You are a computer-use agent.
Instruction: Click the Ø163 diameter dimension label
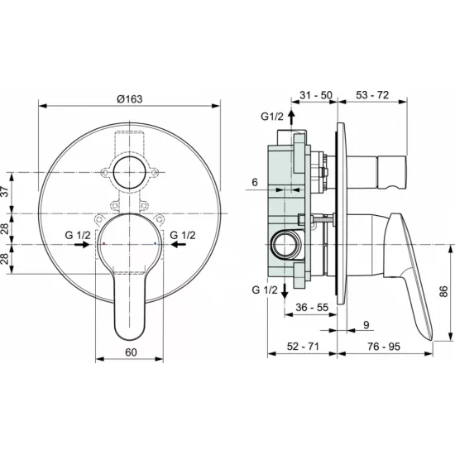tap(130, 99)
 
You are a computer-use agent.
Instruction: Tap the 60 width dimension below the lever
tap(131, 352)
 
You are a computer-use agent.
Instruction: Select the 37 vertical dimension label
tap(5, 192)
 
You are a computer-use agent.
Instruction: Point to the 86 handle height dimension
tap(443, 291)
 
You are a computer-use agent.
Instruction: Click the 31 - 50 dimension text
tap(316, 95)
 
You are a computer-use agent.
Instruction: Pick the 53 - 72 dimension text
tap(372, 95)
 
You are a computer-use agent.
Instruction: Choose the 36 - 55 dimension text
tap(312, 307)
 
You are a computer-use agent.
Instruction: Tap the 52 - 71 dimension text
tap(303, 346)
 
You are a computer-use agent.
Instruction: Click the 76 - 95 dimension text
tap(384, 346)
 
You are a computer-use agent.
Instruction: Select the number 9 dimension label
tap(366, 325)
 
